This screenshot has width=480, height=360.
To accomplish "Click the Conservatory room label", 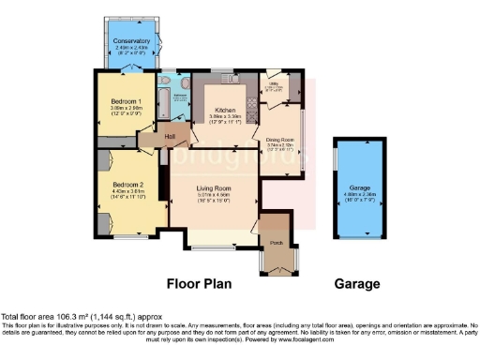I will pyautogui.click(x=131, y=41).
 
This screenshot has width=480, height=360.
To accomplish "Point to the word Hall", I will pyautogui.click(x=170, y=138).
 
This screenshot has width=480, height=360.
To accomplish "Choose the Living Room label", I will pyautogui.click(x=214, y=188).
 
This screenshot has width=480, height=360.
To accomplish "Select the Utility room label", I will pyautogui.click(x=275, y=83).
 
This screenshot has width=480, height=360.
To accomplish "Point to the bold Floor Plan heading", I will pyautogui.click(x=200, y=283).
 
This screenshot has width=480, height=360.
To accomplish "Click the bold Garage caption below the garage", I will pyautogui.click(x=357, y=283).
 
